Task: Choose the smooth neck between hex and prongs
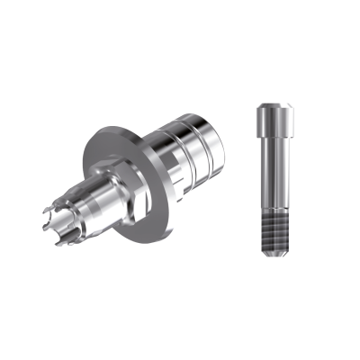tap(99, 202)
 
